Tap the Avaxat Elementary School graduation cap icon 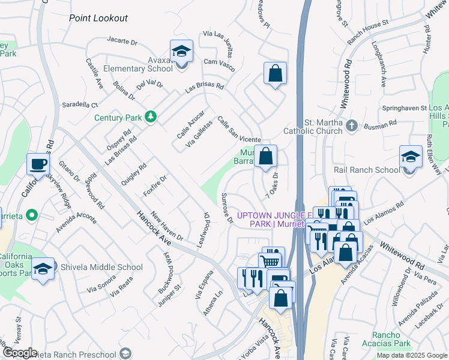click(x=181, y=52)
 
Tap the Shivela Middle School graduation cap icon click(x=43, y=269)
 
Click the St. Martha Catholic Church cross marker click(x=352, y=125)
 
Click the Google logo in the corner click(x=19, y=353)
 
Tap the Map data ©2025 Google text click(x=411, y=355)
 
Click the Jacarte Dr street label click(x=122, y=43)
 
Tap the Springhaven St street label click(x=405, y=108)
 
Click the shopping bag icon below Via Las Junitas click(x=275, y=74)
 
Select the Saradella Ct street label click(x=80, y=104)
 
